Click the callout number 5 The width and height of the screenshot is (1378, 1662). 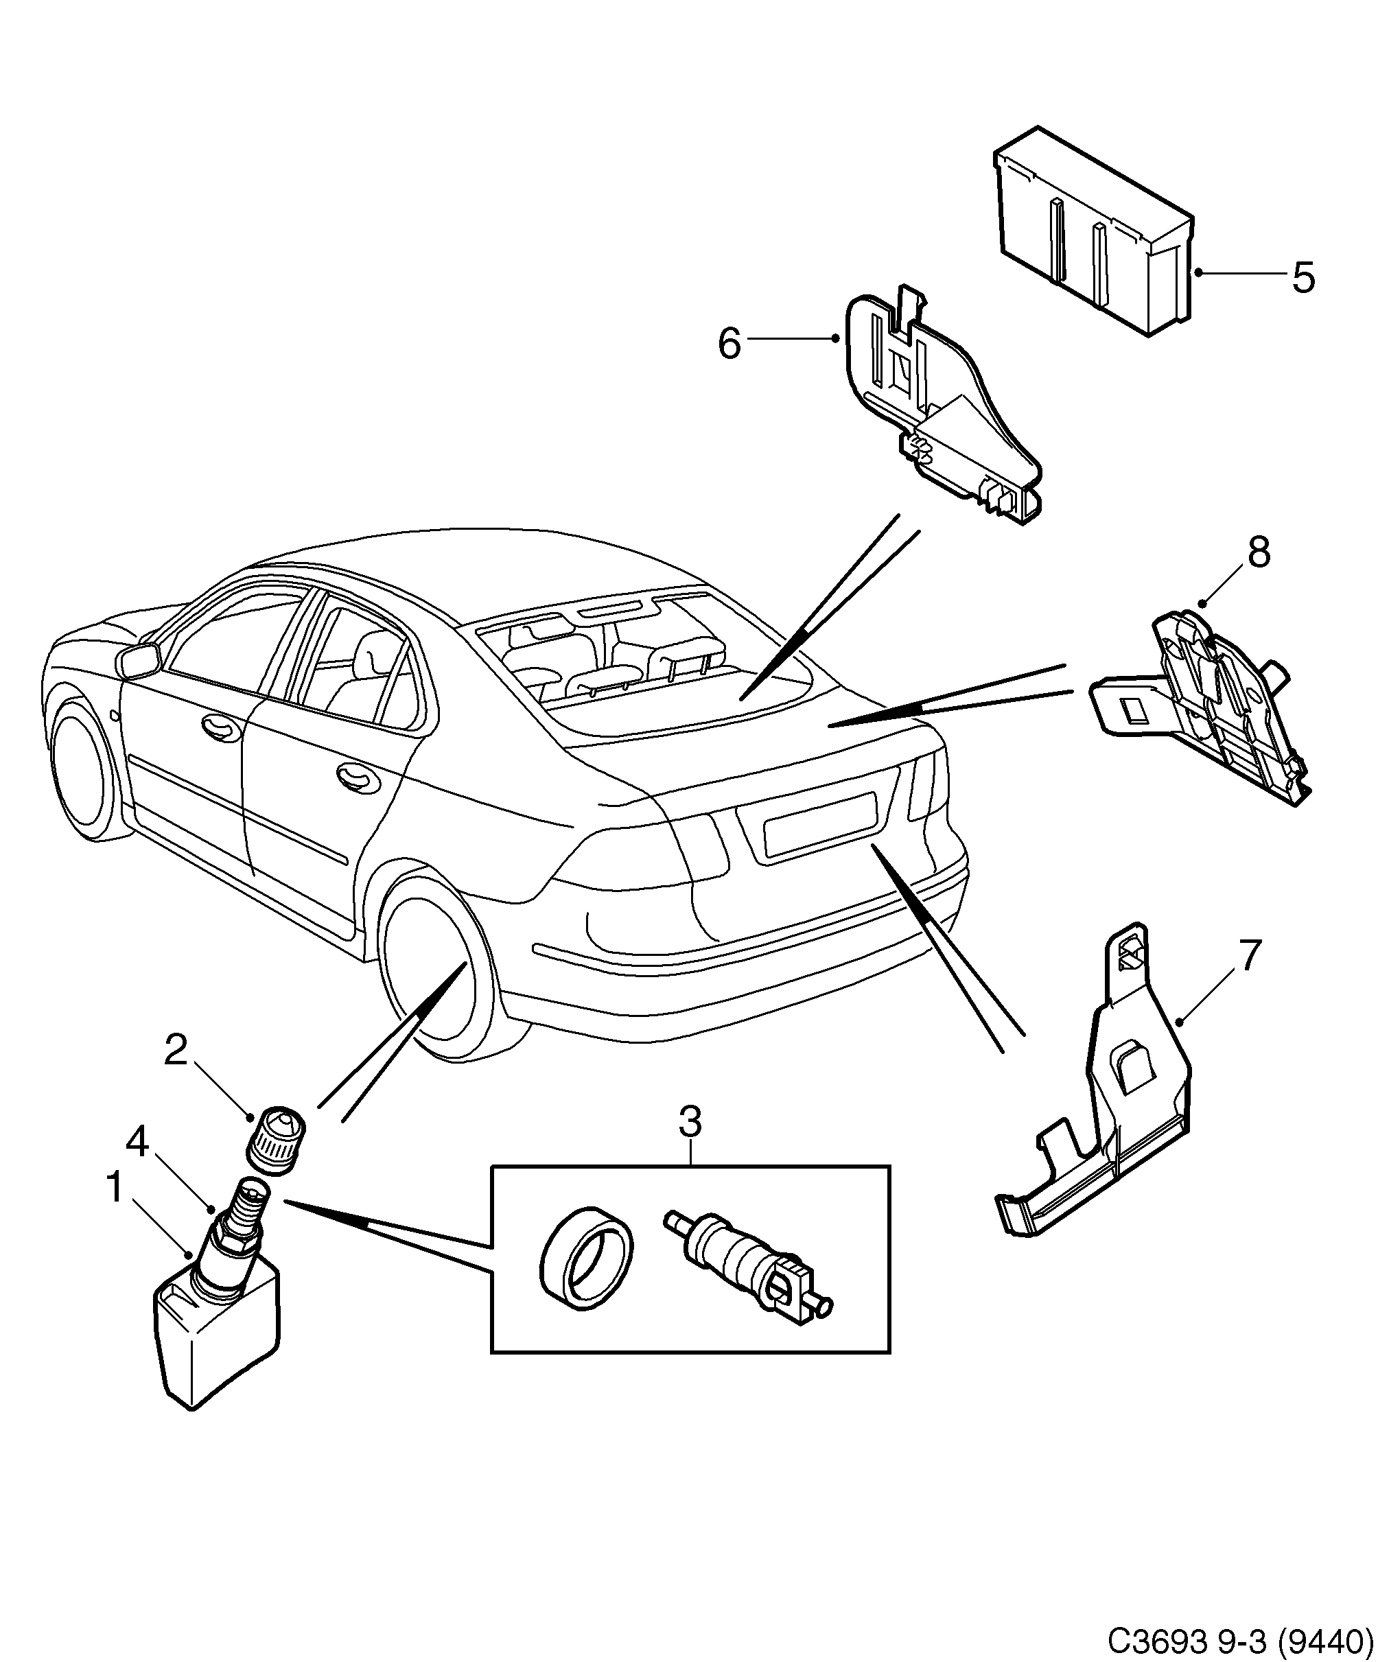[1303, 278]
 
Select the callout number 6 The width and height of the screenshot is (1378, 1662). [729, 344]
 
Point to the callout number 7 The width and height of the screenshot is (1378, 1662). [1248, 955]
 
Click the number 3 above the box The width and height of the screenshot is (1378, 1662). [690, 1122]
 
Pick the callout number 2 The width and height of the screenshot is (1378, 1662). [175, 1050]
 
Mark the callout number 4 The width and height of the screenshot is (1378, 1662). [138, 1142]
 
